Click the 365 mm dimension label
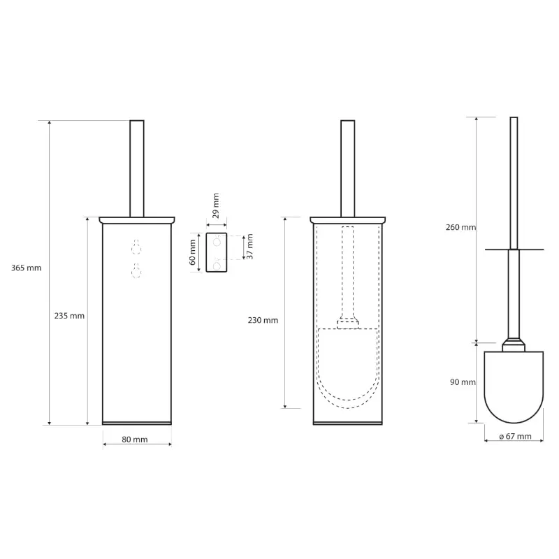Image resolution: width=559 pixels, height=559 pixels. pos(26,268)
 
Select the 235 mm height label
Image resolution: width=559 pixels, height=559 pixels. pos(69,316)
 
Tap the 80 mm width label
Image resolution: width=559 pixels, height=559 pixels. pos(134,440)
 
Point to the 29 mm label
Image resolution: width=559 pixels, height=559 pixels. pos(216,205)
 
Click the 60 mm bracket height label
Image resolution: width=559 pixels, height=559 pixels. pos(193,252)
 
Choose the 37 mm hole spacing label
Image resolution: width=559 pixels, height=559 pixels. pos(249,247)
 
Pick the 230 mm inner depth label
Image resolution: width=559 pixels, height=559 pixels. pos(263,320)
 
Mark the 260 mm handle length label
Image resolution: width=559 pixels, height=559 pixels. pos(460,227)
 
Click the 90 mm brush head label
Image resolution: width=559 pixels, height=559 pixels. pos(463,382)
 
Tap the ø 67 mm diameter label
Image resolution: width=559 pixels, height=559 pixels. pos(515,436)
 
